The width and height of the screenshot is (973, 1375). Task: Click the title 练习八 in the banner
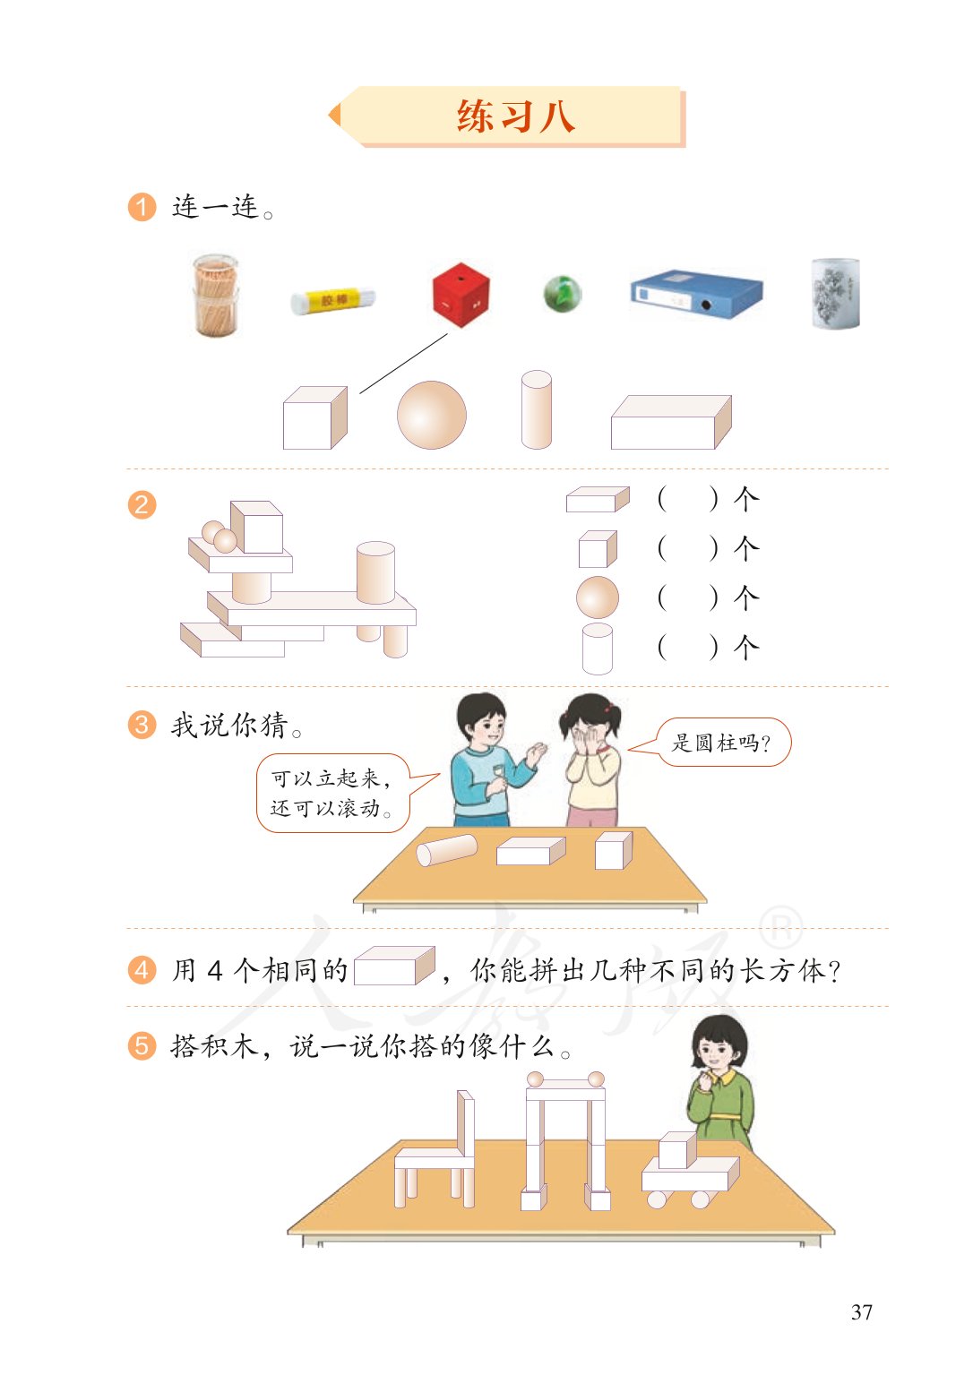515,116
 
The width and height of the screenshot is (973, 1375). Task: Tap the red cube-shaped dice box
461,294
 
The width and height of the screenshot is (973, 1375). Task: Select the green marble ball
563,293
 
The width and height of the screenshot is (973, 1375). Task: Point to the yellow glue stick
332,300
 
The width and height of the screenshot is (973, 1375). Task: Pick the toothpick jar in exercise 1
216,295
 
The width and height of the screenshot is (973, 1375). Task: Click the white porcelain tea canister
835,293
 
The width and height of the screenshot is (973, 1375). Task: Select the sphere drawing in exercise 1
432,415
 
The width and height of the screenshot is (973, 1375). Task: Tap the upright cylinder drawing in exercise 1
536,409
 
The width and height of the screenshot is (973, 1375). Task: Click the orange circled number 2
142,504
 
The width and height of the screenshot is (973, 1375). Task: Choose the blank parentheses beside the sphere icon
687,597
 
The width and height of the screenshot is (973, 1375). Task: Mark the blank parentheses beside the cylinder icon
687,647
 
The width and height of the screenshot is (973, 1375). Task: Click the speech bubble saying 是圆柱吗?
722,743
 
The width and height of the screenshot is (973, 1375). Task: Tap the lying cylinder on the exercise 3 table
447,849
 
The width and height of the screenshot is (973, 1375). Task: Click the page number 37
861,1312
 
